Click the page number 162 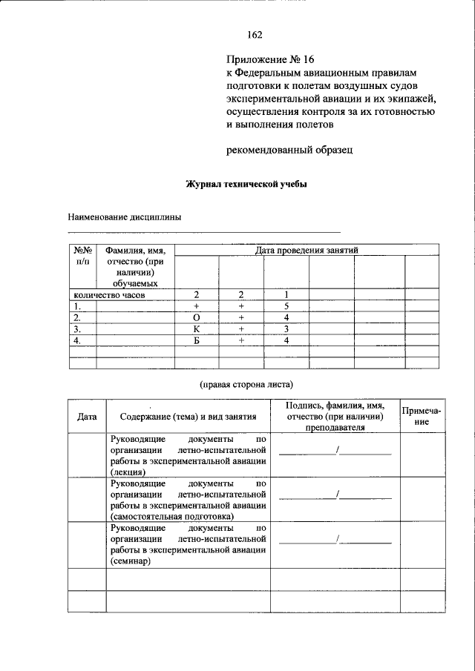point(255,34)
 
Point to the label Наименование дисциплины point(124,217)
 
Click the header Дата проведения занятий point(307,251)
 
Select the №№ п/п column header point(82,256)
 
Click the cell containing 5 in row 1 point(286,305)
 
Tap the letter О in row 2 point(197,317)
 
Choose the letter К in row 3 point(197,328)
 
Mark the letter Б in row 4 point(197,340)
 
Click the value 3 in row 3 point(286,328)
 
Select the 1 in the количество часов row point(286,294)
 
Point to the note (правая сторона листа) point(246,384)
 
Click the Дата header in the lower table point(87,417)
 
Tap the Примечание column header point(422,416)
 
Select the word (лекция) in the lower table point(128,471)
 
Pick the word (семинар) point(131,561)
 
